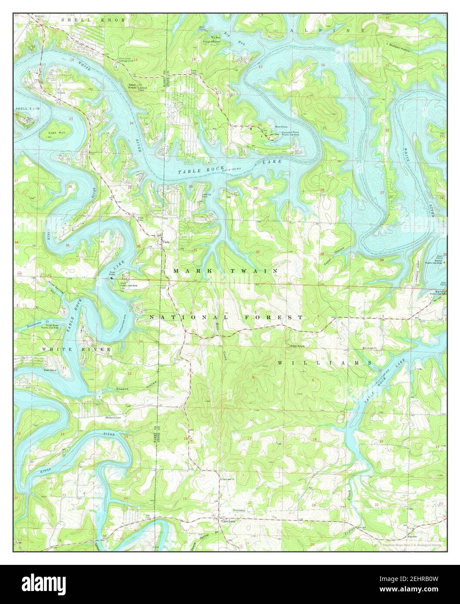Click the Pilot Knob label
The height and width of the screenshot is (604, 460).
pos(293,346)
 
